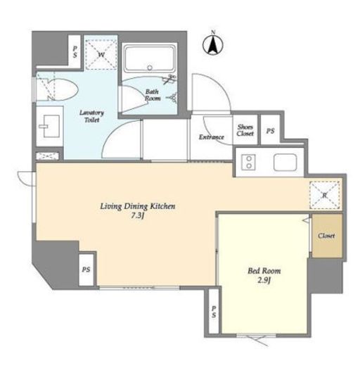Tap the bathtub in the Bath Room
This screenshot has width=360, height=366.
150,58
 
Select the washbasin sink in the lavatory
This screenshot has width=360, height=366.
49,126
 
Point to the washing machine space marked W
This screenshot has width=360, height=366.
101,54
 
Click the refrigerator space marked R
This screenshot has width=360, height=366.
325,195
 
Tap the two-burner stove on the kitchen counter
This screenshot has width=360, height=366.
249,162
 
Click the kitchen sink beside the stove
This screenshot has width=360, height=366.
285,163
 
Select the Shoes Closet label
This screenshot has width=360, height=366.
245,130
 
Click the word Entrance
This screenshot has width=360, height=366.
212,137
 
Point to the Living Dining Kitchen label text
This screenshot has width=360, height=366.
138,206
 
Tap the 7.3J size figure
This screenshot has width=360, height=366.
137,216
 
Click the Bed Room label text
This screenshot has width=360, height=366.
264,271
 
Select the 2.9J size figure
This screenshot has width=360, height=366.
264,280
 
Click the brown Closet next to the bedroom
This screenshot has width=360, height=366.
327,236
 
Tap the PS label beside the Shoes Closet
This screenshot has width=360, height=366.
270,131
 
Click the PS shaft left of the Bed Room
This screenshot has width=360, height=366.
214,311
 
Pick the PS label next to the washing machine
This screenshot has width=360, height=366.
75,51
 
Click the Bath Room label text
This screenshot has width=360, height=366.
153,95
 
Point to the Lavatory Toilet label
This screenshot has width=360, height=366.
91,116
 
